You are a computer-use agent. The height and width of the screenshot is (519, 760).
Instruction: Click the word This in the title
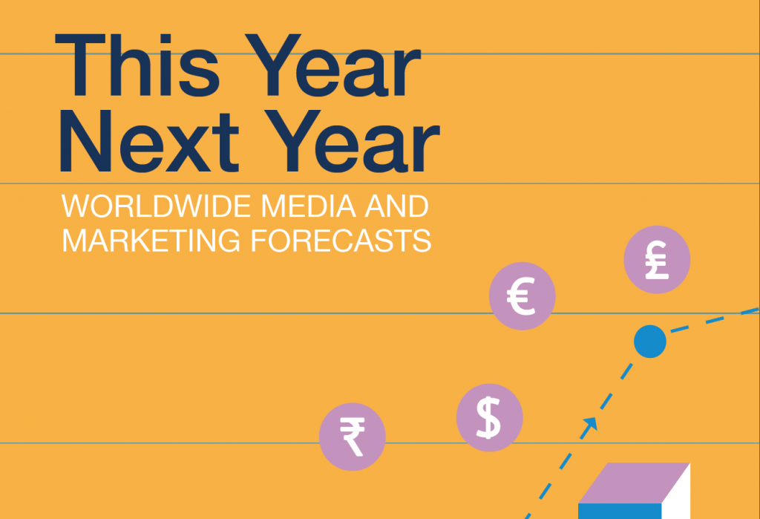(x=137, y=65)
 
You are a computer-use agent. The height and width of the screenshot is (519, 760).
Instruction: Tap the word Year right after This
(x=332, y=65)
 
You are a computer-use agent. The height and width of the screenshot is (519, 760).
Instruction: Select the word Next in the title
(x=149, y=140)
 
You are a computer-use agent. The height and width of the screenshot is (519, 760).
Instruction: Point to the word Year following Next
(x=352, y=140)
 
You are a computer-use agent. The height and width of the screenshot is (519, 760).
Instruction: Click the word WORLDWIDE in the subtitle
(x=157, y=206)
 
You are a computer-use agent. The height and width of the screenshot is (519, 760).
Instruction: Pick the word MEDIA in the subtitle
(x=309, y=206)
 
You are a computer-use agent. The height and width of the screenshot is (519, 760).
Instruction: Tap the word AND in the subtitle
(x=396, y=206)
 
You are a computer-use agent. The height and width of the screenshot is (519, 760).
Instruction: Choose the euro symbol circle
(x=522, y=296)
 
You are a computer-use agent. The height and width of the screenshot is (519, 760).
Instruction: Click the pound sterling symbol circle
(x=657, y=260)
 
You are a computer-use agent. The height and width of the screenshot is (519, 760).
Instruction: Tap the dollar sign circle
(x=490, y=417)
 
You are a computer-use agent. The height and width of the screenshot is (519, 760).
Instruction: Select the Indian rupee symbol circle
(x=353, y=437)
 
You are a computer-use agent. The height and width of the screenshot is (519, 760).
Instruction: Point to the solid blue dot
(x=650, y=342)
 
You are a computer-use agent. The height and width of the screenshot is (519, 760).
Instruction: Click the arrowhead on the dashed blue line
(x=590, y=424)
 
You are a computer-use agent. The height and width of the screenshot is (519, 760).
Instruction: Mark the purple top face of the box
(x=634, y=483)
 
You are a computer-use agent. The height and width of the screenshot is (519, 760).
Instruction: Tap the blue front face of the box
(x=620, y=512)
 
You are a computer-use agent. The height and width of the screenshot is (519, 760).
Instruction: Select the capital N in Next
(x=86, y=141)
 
